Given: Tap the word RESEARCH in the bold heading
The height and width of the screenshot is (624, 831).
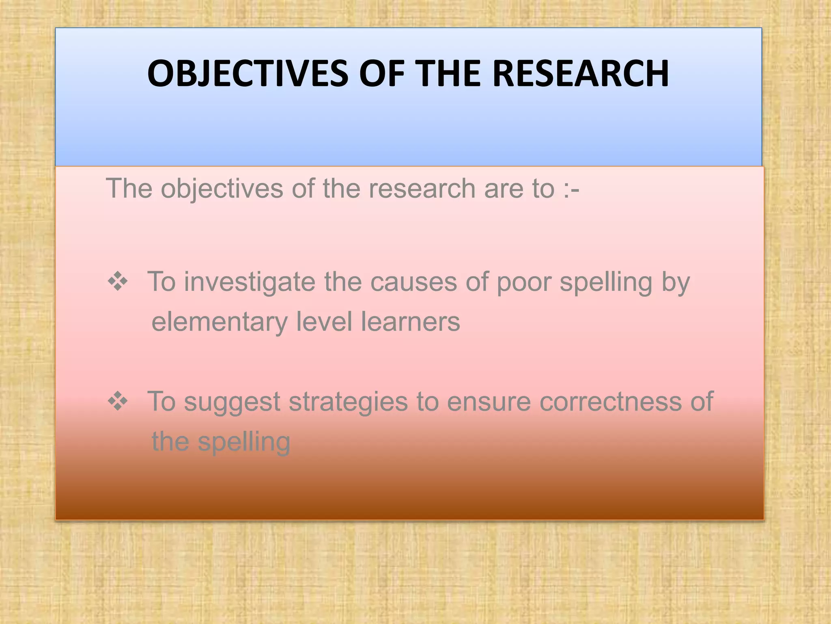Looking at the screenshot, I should click(x=580, y=74).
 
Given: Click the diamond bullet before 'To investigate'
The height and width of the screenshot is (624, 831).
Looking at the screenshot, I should click(x=118, y=282).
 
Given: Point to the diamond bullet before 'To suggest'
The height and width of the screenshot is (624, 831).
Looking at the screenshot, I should click(x=118, y=401).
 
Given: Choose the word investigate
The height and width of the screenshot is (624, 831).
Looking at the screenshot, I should click(x=249, y=282).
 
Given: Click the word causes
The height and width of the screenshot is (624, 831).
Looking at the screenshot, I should click(x=413, y=282).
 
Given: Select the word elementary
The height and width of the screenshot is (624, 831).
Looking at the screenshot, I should click(x=219, y=323).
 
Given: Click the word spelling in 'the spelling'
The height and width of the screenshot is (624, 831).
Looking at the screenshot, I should click(x=244, y=443).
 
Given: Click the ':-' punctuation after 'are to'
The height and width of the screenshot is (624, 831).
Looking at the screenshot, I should click(x=571, y=189).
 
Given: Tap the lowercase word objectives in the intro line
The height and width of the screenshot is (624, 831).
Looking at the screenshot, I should click(x=222, y=190).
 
